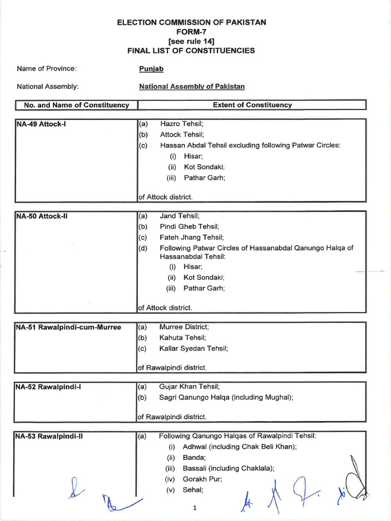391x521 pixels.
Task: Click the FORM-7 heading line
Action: coord(191,32)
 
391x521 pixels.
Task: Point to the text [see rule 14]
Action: coord(191,41)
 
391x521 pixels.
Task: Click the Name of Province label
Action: coord(46,69)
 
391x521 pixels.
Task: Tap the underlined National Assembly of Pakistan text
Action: coord(192,86)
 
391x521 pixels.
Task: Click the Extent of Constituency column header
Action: coord(253,105)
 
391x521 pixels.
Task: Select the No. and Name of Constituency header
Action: coord(76,105)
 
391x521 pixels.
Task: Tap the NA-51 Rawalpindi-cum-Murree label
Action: coord(68,327)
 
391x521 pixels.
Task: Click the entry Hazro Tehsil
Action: coord(181,124)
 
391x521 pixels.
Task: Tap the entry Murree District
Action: coord(184,327)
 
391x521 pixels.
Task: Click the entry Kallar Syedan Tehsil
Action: coord(193,348)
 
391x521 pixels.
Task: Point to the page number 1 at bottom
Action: coord(194,508)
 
